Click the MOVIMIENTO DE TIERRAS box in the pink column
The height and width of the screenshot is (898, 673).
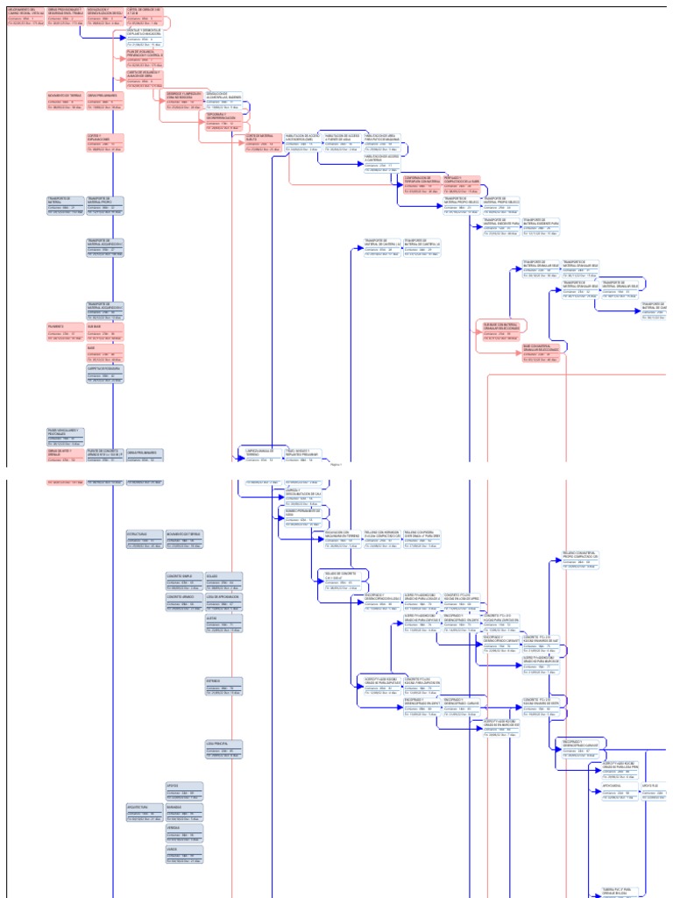66,100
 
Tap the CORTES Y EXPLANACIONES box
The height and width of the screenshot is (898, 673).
105,142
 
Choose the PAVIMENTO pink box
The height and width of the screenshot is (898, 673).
66,331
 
